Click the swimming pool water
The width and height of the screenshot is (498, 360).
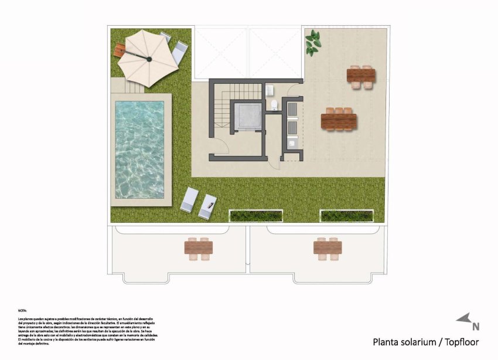click(139, 149)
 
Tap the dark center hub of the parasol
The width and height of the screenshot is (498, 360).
click(148, 59)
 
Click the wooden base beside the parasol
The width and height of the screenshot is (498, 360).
click(120, 50)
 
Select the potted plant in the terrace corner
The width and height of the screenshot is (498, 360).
click(313, 43)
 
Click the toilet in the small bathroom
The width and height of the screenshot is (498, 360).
click(274, 105)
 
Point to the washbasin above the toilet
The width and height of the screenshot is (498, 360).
click(270, 90)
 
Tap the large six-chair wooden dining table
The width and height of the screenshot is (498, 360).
click(339, 121)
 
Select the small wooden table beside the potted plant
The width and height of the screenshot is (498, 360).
click(361, 75)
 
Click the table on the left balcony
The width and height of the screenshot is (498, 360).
click(198, 248)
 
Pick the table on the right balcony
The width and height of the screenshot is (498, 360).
click(327, 248)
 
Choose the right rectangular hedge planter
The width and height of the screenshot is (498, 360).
click(346, 216)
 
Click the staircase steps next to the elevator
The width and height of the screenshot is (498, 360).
click(223, 106)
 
